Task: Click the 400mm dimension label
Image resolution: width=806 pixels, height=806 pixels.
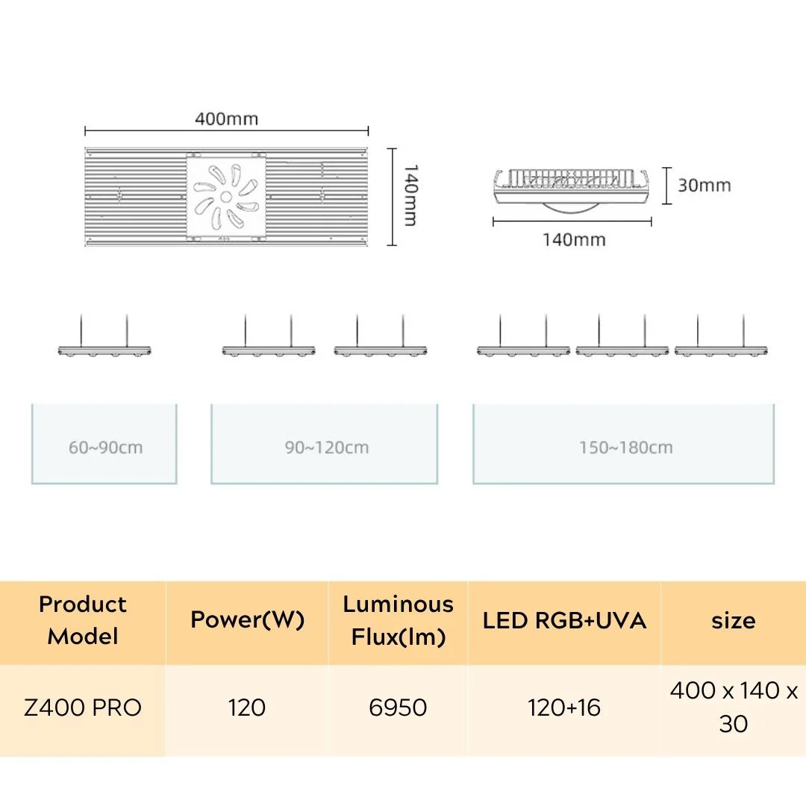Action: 226,119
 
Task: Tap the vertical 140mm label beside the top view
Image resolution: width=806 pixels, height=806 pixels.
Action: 410,196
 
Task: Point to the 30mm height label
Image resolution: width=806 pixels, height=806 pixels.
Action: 705,185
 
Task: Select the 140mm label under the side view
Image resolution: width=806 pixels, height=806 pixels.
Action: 574,240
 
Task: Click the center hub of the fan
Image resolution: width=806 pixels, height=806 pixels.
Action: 226,196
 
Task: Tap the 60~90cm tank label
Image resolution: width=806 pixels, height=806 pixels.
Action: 105,447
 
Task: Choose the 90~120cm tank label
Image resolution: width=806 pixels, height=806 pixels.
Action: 327,447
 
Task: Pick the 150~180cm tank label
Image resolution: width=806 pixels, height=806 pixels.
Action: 626,447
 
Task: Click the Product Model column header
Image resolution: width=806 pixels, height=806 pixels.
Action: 83,620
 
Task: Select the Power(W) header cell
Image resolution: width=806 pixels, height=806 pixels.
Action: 247,620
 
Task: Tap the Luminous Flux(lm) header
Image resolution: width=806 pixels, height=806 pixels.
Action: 399,620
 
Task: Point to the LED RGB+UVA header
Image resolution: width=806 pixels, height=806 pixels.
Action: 564,620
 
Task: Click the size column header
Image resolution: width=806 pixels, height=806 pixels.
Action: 734,621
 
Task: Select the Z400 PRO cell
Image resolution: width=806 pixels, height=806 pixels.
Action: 83,707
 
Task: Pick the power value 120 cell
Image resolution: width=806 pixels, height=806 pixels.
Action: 247,707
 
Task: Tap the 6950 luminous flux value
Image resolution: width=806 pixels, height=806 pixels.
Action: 399,707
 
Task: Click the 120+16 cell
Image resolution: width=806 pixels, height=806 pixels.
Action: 564,707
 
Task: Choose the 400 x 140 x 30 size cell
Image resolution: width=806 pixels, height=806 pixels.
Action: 734,707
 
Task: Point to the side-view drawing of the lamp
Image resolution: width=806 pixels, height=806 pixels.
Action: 571,190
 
